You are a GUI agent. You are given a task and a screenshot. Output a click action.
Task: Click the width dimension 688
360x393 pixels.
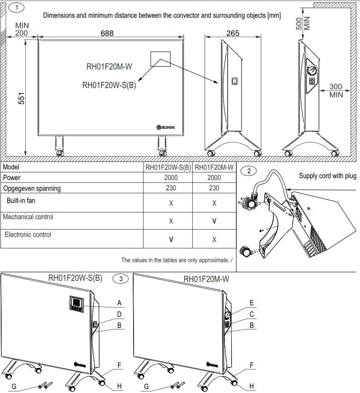click(107, 33)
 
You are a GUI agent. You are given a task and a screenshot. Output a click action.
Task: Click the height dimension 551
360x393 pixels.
click(22, 99)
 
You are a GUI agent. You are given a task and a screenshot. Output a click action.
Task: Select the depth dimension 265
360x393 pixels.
click(233, 33)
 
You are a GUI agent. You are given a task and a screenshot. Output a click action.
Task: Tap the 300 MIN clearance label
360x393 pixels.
click(336, 90)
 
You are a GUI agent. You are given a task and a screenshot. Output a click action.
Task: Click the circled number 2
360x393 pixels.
click(249, 171)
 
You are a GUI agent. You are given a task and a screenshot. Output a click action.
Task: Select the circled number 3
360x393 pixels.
click(121, 278)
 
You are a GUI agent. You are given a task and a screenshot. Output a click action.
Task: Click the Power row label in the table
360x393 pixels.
click(12, 178)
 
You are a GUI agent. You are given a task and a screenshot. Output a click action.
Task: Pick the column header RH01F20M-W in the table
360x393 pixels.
click(214, 167)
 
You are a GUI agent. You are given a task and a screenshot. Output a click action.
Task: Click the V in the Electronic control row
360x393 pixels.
click(171, 239)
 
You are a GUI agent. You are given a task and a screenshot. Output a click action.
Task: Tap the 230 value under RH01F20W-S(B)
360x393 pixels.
click(171, 188)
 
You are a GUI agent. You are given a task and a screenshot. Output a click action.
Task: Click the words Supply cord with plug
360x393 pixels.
click(327, 176)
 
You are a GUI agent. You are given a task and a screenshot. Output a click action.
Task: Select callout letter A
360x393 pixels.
click(119, 303)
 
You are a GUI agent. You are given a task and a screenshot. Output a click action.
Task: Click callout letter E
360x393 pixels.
click(252, 303)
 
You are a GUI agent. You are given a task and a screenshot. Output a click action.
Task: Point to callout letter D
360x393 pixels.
click(119, 314)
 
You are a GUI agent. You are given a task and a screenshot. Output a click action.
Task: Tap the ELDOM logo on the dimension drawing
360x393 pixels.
click(166, 127)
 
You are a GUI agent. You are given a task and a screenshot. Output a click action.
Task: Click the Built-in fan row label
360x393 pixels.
click(21, 201)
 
